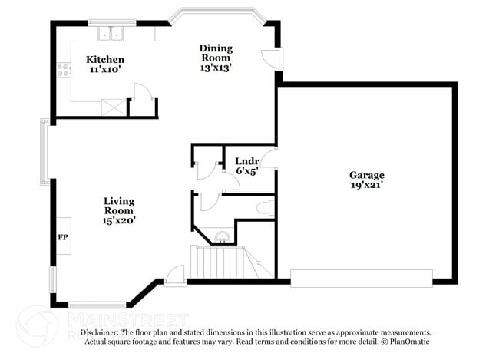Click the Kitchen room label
click(x=105, y=60)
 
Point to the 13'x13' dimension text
click(x=216, y=68)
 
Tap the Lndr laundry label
click(x=246, y=161)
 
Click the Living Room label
click(x=119, y=206)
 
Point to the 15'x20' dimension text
click(x=119, y=220)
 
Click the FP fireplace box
click(x=62, y=237)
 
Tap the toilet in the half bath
click(x=262, y=207)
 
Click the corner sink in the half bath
click(x=221, y=236)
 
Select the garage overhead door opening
click(x=361, y=277)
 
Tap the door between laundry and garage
click(x=269, y=159)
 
